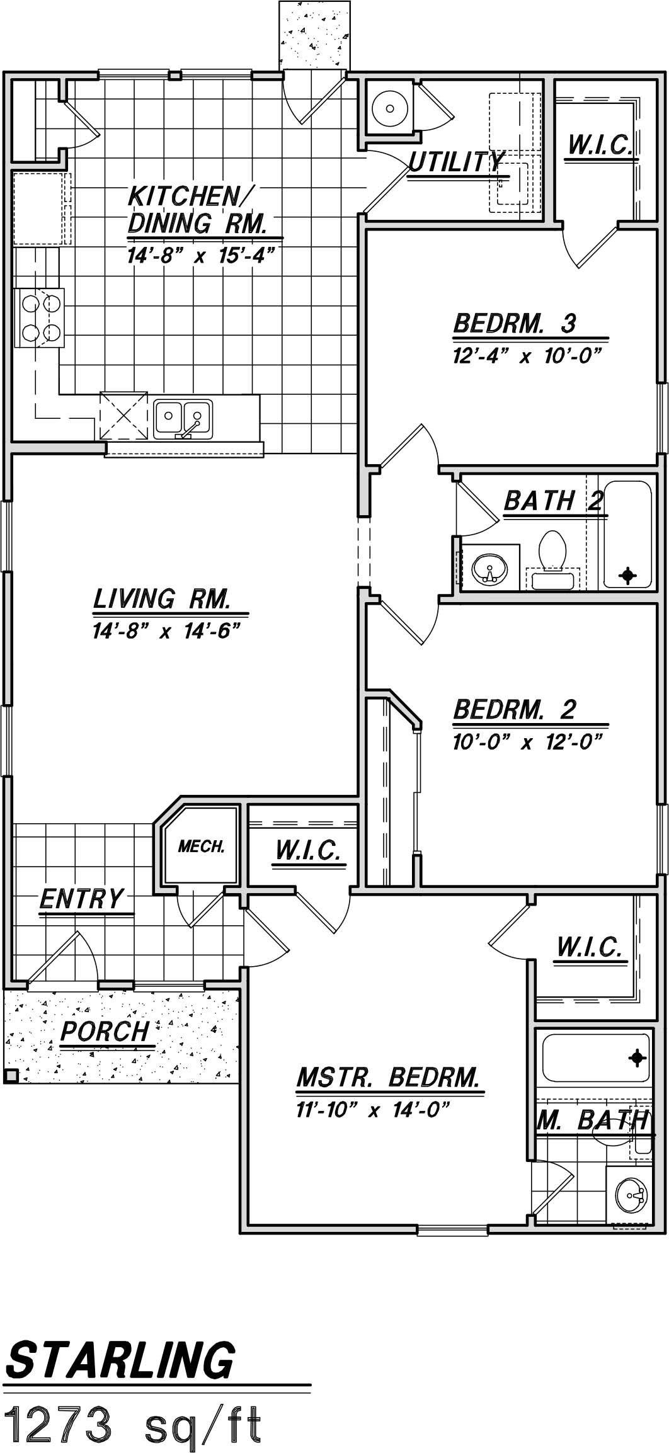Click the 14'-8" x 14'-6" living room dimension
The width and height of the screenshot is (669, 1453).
[167, 630]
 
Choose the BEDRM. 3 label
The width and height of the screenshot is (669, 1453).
[515, 324]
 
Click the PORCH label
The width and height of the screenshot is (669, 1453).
[105, 1031]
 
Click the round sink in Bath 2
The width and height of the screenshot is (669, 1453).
[488, 569]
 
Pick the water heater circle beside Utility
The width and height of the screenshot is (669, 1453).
[391, 108]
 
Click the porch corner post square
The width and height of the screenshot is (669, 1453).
[10, 1076]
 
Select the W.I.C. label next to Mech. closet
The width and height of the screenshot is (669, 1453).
[308, 850]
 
